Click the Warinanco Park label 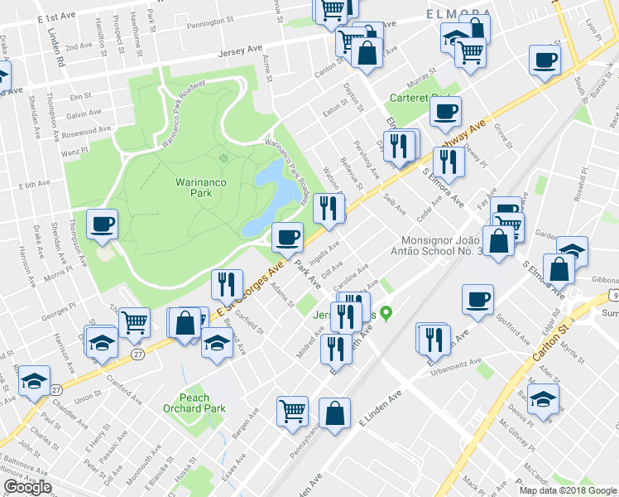(x=193, y=186)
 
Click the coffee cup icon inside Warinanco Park (x=102, y=224)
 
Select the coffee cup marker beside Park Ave (x=287, y=238)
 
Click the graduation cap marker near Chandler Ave (x=33, y=381)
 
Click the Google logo (x=27, y=487)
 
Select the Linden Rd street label (x=55, y=47)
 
